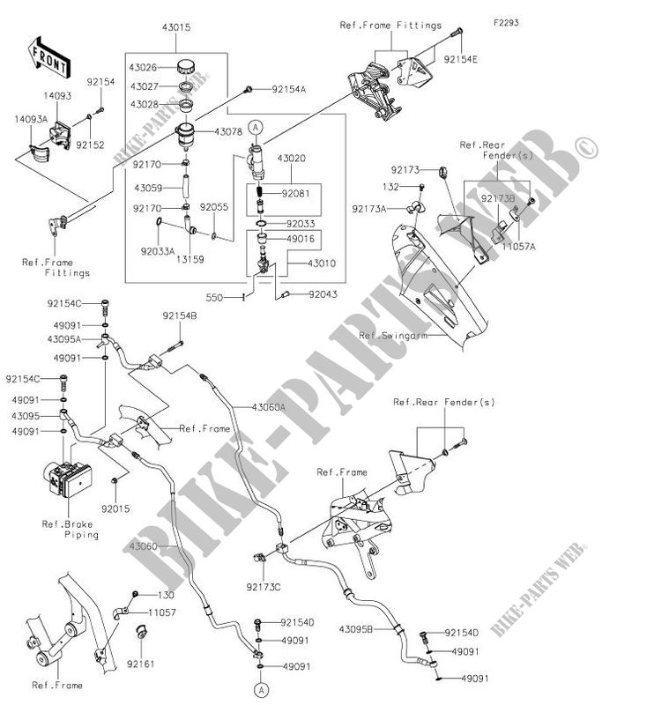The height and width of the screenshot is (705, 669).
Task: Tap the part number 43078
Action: [x=227, y=131]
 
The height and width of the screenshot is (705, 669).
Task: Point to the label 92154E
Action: [x=461, y=61]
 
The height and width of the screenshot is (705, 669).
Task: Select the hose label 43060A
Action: [x=269, y=407]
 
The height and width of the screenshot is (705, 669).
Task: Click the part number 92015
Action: [x=115, y=508]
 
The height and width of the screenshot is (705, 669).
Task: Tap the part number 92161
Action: [x=138, y=661]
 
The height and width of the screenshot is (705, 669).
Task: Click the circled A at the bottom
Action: [x=261, y=687]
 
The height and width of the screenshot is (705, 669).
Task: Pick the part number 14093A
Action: [x=28, y=116]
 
